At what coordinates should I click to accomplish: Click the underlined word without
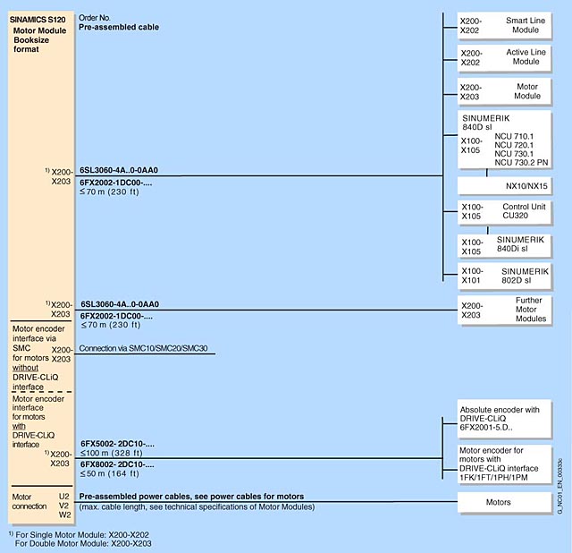(29, 368)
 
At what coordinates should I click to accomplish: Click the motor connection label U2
(63, 495)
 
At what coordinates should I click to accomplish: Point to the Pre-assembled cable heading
(119, 28)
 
